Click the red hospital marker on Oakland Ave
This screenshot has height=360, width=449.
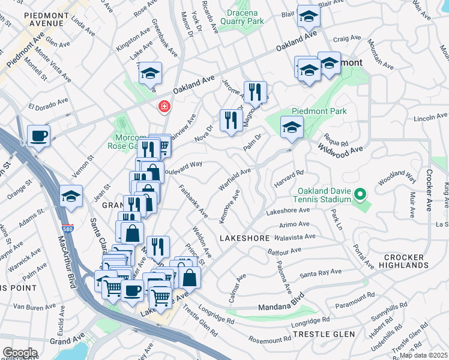click(163, 107)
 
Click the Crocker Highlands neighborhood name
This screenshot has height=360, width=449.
click(406, 261)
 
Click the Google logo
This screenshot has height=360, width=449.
click(19, 353)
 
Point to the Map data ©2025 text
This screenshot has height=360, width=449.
click(423, 355)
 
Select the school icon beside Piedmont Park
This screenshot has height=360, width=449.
click(292, 127)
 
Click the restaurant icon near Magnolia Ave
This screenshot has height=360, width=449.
click(256, 91)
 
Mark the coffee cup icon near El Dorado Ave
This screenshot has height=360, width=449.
click(38, 135)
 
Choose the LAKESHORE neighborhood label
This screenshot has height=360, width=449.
click(244, 238)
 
